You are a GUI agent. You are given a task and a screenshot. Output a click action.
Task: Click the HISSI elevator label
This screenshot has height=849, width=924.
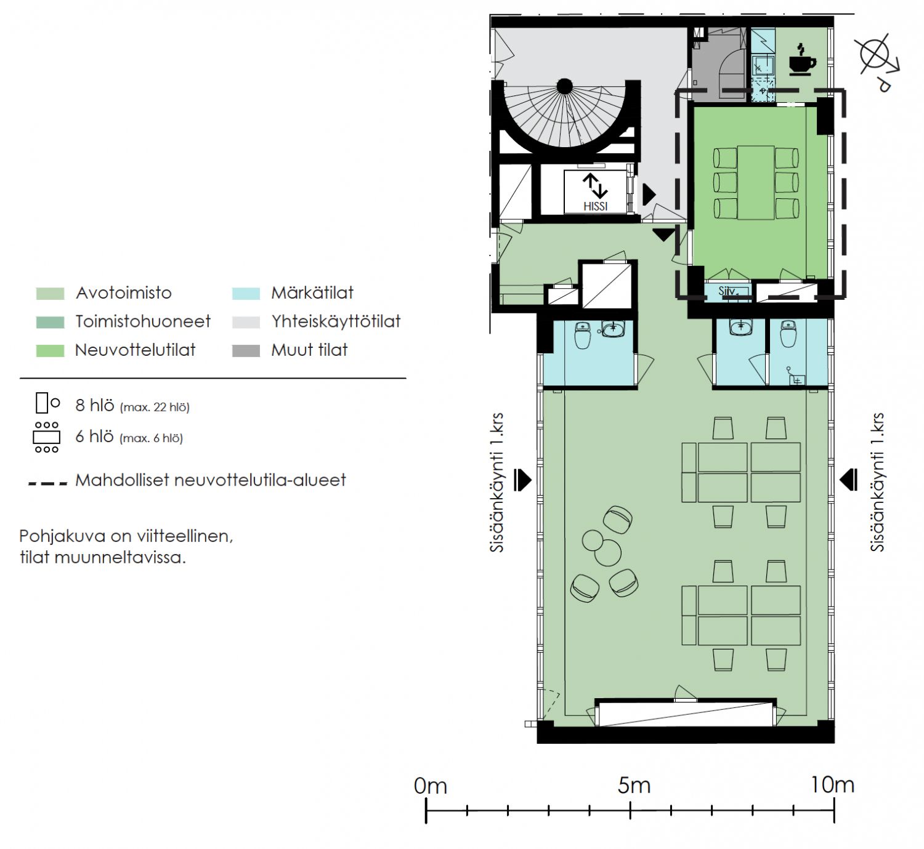(595, 206)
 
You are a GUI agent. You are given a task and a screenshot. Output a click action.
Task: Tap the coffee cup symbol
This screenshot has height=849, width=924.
(802, 60)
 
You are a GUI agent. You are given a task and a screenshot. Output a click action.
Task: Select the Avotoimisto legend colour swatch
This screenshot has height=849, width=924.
(51, 293)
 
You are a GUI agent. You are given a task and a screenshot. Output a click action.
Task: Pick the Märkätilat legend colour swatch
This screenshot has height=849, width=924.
(246, 293)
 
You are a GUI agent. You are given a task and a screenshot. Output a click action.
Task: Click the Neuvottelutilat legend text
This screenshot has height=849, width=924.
(136, 350)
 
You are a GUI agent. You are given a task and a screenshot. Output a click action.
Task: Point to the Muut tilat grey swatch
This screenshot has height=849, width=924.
(246, 350)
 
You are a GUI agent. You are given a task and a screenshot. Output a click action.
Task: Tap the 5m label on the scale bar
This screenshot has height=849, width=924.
(634, 786)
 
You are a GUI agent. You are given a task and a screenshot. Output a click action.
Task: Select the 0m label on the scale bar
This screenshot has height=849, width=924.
(430, 786)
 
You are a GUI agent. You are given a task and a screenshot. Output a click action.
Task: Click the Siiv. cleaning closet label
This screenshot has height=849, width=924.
(727, 291)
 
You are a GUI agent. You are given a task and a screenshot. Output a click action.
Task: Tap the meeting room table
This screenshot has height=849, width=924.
(756, 183)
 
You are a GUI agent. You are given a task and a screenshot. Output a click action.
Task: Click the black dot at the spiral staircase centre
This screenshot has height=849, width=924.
(565, 86)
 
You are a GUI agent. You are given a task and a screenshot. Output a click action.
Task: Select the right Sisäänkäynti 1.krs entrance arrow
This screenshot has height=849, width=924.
(848, 480)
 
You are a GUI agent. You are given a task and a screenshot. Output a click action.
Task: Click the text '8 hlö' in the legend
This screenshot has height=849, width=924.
(94, 405)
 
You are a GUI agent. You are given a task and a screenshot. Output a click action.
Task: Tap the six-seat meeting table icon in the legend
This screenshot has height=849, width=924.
(47, 437)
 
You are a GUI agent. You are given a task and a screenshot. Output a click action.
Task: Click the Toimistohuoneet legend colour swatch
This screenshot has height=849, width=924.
(51, 322)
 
